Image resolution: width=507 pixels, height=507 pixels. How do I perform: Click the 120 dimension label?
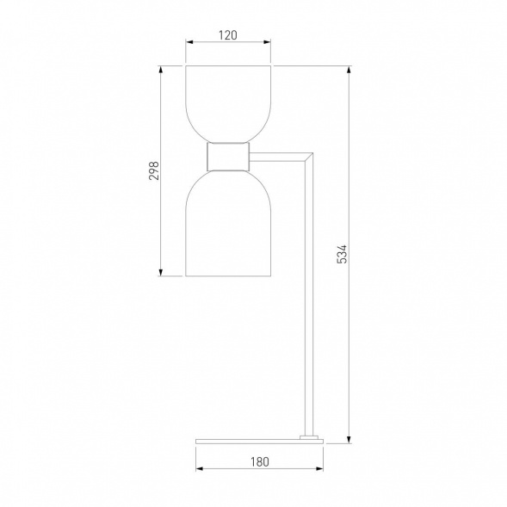point(228,35)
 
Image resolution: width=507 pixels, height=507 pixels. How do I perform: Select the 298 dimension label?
point(154,170)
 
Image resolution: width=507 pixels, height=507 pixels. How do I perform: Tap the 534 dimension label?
point(342,254)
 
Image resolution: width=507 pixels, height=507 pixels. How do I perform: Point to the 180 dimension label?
point(260,461)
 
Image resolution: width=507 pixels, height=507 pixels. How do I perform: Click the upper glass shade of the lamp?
point(228,104)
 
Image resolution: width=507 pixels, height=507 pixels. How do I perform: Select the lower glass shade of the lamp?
point(228,223)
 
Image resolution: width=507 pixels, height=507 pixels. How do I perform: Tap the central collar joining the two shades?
point(228,157)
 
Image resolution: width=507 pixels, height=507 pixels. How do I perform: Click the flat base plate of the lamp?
point(259,441)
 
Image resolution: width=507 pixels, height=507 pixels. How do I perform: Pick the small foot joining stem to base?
point(309,437)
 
